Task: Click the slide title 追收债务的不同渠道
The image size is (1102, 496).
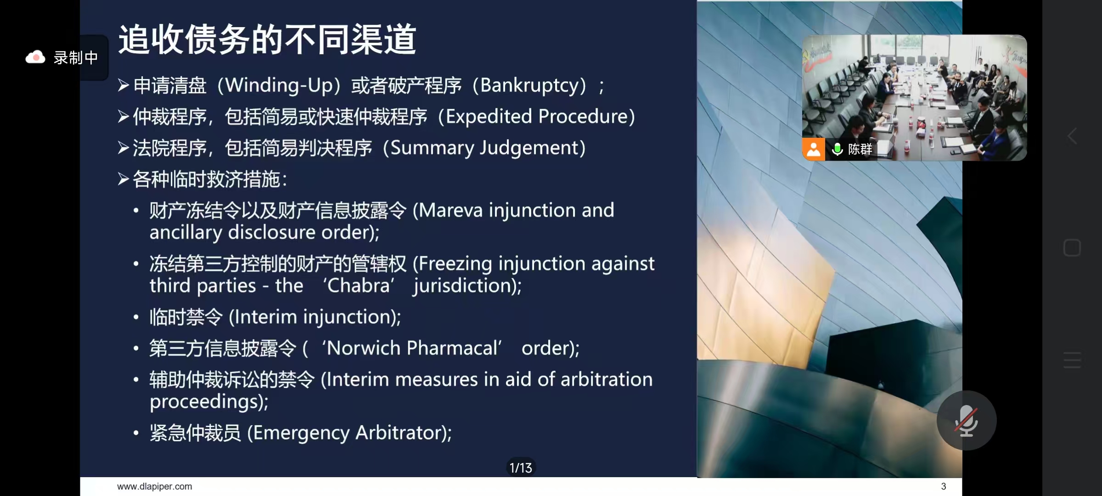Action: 267,40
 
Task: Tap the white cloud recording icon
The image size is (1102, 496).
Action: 35,57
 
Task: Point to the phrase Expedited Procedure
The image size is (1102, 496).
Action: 537,117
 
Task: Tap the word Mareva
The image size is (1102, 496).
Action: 451,210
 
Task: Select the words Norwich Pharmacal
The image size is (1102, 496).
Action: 412,348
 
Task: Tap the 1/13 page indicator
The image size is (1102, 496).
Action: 521,468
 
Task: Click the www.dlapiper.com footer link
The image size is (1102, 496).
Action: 155,486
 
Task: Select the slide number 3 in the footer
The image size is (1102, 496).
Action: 944,486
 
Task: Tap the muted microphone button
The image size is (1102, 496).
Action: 967,420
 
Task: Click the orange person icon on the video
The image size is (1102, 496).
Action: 814,149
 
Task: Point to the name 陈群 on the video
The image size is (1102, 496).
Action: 860,149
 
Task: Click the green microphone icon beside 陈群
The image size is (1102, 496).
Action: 837,149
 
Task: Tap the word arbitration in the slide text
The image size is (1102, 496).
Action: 607,380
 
